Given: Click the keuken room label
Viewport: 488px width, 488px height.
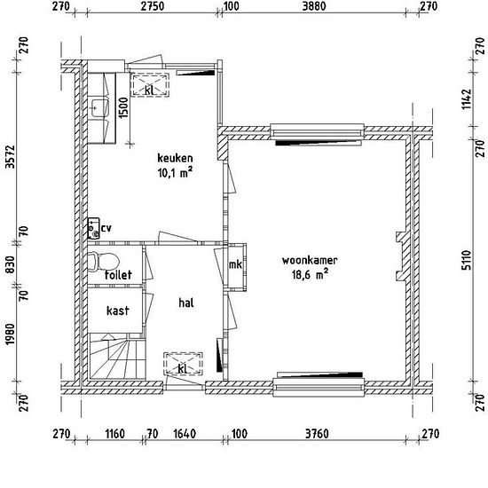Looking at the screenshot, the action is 175,158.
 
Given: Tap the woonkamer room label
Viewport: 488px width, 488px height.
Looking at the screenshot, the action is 310,260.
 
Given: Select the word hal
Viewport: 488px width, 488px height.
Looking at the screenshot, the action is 186,303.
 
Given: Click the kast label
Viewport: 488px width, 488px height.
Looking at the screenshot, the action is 118,311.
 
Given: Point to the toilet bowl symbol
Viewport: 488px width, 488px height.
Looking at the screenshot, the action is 103,261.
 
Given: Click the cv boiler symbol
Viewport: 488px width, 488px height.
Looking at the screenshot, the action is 94,228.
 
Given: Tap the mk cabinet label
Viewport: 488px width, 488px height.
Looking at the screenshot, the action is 235,264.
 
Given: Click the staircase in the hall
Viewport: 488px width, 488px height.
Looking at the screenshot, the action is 117,356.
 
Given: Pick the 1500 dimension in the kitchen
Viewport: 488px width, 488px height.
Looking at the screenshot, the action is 123,107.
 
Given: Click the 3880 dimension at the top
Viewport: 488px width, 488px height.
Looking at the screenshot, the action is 314,6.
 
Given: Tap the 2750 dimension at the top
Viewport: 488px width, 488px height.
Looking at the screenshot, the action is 153,6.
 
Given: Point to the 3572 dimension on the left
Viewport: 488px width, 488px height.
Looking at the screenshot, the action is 10,156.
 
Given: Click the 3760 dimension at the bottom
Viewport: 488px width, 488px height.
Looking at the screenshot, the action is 317,434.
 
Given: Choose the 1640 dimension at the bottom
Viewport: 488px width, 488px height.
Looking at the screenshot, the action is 185,434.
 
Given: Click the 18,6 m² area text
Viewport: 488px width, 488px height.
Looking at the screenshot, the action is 310,274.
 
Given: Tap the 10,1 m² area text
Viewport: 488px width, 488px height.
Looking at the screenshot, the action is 175,172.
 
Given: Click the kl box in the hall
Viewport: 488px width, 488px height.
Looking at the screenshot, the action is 184,363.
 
